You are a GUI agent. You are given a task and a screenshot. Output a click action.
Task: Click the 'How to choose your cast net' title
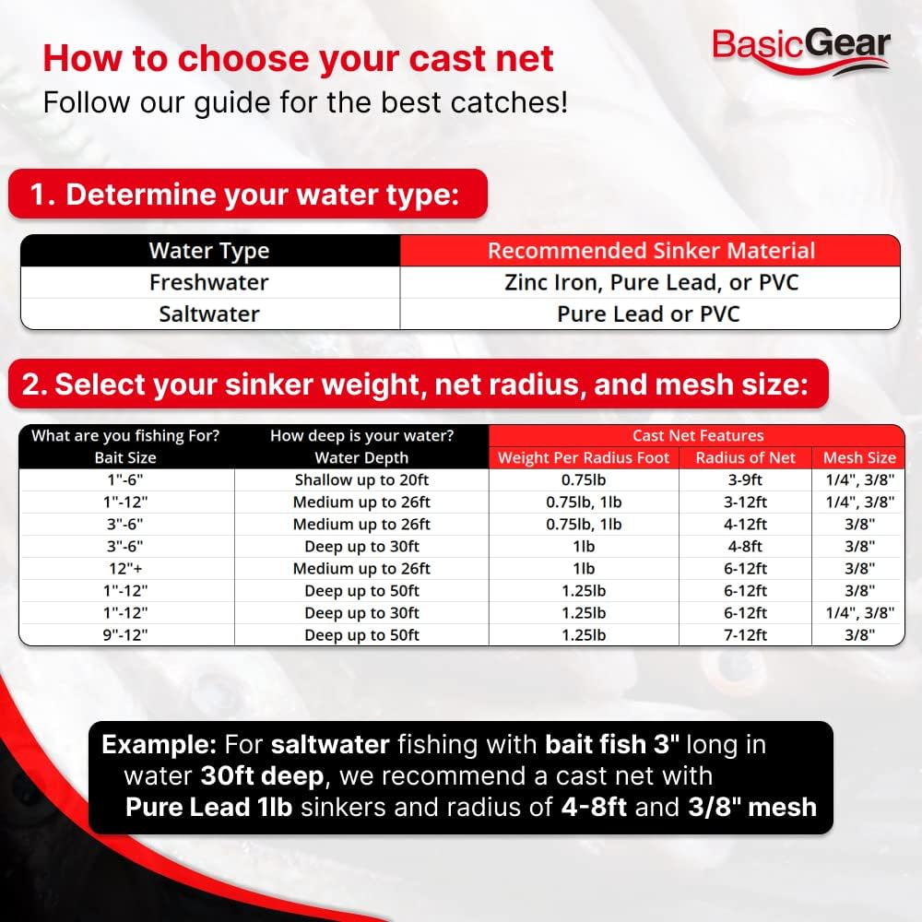point(299,58)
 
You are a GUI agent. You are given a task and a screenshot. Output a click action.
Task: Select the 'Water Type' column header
point(209,251)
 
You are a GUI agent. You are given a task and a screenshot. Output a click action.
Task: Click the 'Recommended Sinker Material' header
point(651,251)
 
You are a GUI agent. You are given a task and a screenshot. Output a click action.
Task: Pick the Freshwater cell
point(209,282)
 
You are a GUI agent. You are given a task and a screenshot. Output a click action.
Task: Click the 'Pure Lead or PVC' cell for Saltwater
point(648,313)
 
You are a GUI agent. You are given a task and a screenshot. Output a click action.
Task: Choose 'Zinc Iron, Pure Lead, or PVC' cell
point(651,282)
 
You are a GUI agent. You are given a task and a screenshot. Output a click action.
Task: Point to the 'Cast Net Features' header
point(697,435)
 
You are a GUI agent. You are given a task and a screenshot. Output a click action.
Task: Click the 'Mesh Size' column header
point(859,457)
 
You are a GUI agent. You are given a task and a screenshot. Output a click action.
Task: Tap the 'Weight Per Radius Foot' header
point(584,457)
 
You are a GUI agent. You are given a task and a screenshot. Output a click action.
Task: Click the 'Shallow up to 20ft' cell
point(361,480)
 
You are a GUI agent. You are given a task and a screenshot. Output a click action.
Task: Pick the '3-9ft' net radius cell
point(746,480)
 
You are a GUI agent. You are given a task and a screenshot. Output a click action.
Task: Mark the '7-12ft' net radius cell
point(746,635)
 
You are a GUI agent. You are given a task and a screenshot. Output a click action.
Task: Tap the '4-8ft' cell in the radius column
point(746,547)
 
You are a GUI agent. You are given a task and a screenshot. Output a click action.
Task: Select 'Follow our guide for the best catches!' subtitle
point(305,102)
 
